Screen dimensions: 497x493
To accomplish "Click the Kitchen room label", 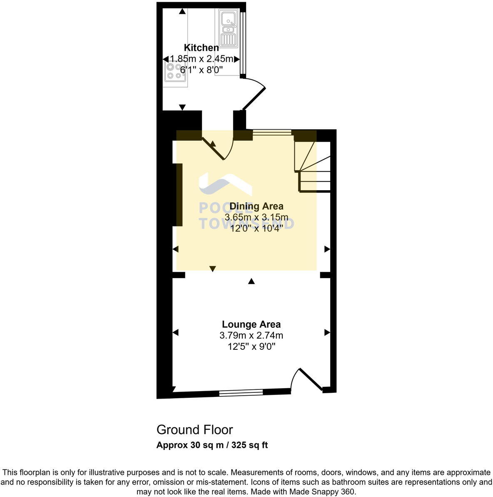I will tap(201, 48).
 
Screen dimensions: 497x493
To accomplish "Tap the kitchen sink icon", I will tap(228, 27).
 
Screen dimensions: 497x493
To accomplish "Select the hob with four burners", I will tap(174, 71).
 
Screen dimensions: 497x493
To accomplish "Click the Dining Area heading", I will tap(256, 206).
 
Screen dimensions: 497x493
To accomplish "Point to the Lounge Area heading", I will tap(251, 324).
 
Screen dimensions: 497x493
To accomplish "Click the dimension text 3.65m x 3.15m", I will tap(256, 217).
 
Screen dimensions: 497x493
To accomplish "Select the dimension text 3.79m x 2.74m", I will tap(251, 335).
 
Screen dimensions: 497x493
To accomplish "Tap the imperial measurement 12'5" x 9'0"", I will tap(251, 346).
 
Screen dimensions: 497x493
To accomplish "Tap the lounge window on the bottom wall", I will tap(241, 392).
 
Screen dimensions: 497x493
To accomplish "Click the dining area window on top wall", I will tap(272, 133).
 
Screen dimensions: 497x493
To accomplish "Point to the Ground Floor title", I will tap(194, 429).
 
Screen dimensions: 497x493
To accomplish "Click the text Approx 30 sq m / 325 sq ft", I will tap(212, 445).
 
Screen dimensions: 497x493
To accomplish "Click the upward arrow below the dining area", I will tap(251, 282).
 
